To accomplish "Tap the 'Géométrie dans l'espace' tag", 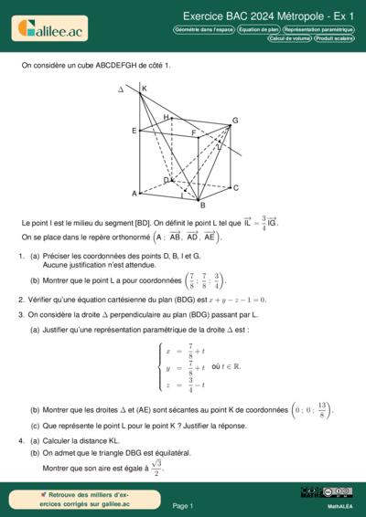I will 202,29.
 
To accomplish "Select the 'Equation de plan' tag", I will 258,29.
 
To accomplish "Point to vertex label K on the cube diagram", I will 144,88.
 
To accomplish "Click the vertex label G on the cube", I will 235,121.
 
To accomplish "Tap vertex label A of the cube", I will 134,194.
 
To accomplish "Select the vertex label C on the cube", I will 236,188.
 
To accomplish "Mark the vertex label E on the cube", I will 134,132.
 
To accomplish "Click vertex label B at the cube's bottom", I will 202,205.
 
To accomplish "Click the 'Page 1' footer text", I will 182,504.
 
